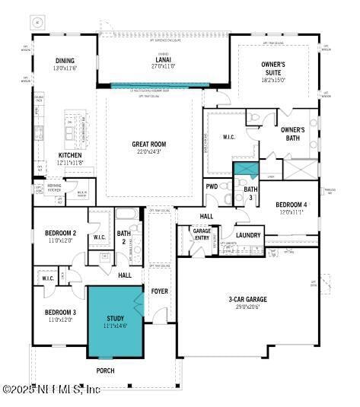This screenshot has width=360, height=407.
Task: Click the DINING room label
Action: point(65,61)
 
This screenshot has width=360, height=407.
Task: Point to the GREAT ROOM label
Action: point(149,144)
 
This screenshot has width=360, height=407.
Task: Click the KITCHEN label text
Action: point(70,155)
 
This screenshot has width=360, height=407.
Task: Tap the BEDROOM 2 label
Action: point(60,233)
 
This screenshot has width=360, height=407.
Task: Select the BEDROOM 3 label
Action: point(59,312)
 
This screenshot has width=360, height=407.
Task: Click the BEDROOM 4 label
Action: point(292,205)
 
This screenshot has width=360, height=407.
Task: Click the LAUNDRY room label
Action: point(248,235)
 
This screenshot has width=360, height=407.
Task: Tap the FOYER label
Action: point(160,291)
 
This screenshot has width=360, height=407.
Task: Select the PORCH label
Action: point(105,370)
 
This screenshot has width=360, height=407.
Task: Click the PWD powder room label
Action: point(212,186)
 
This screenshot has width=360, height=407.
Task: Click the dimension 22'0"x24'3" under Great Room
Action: point(149,151)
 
